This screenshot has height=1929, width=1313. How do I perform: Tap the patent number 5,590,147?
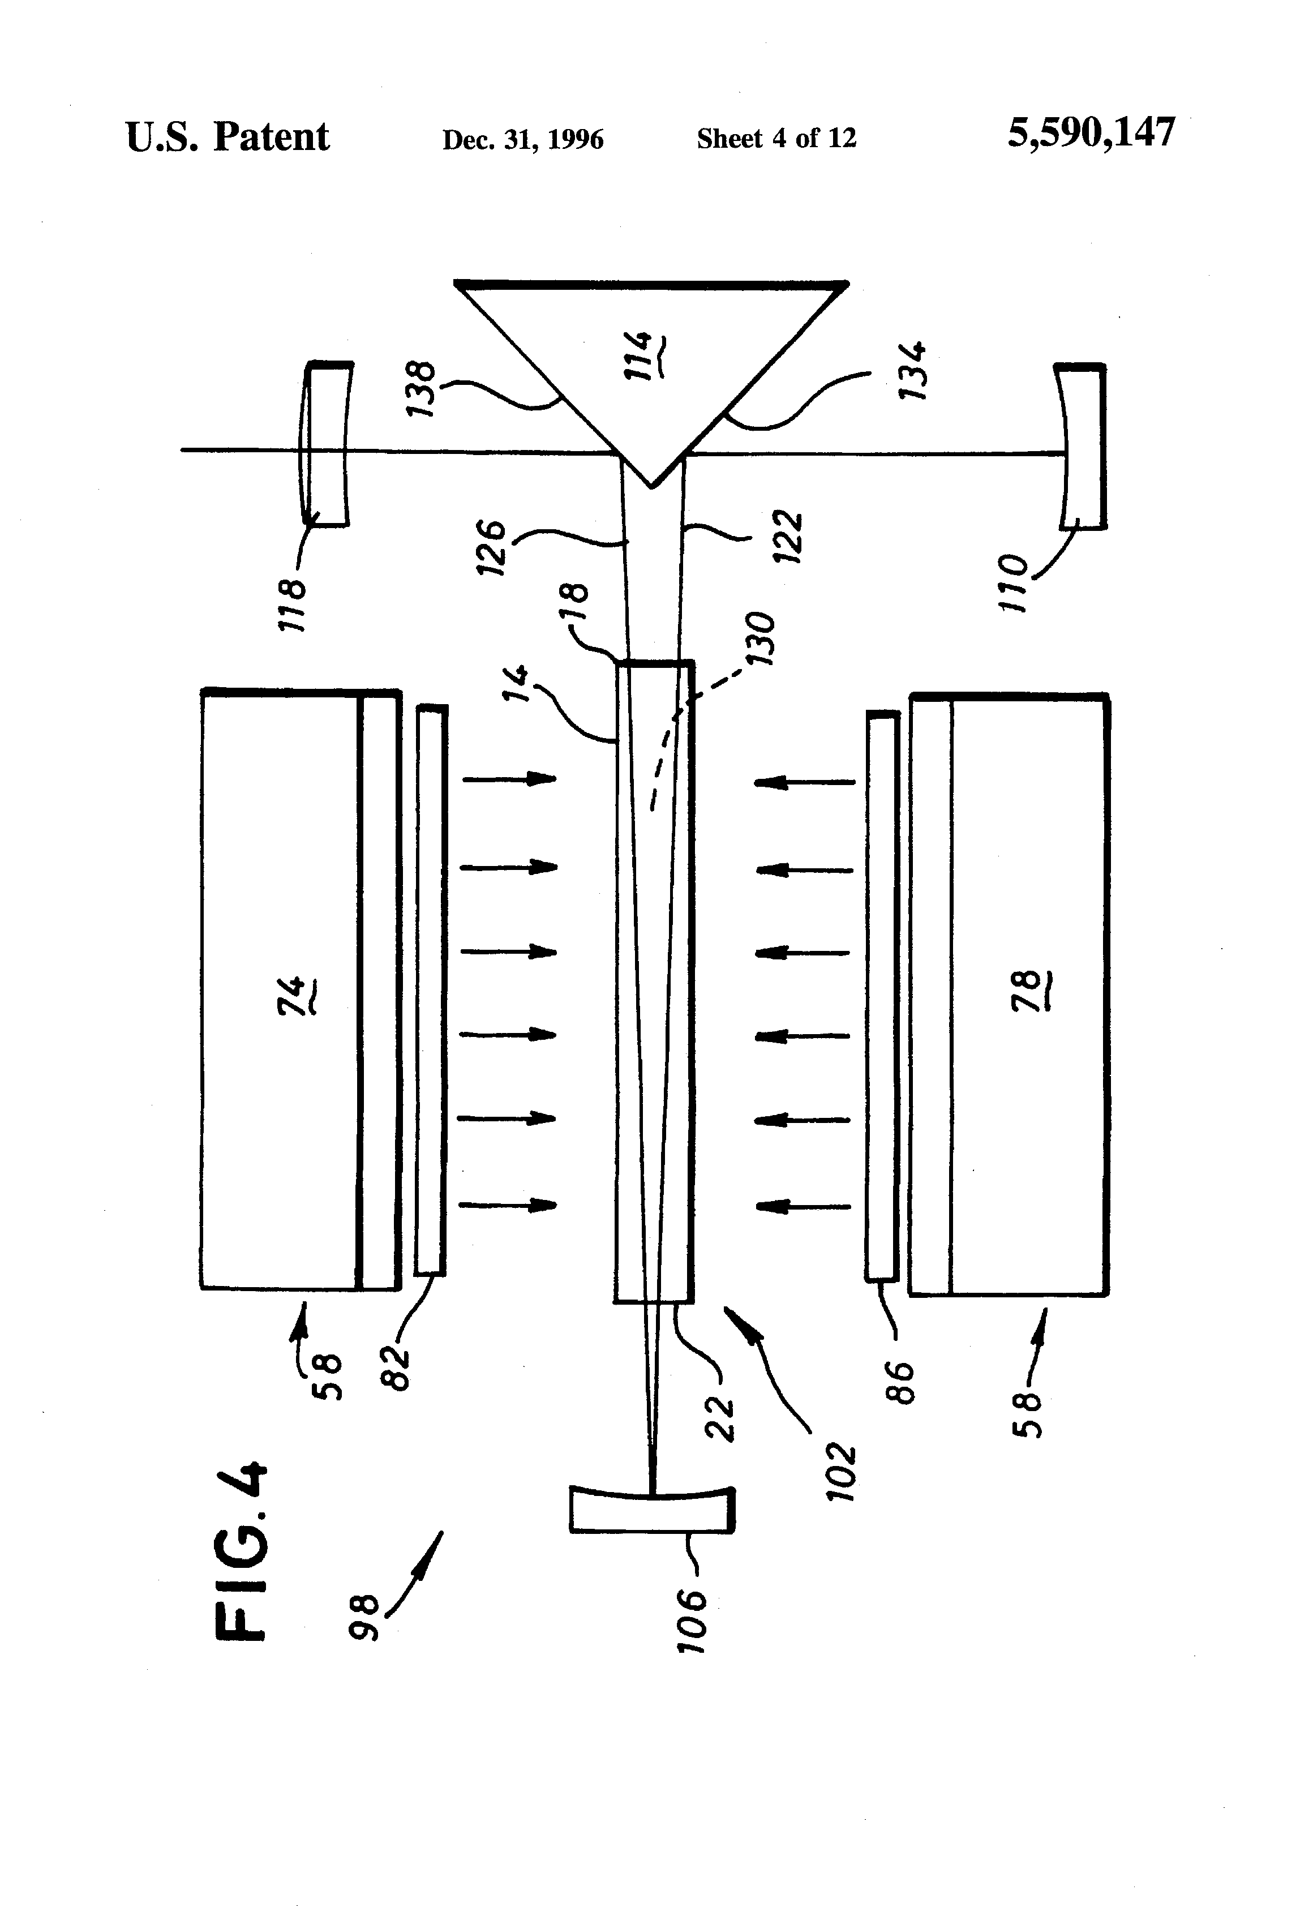point(1091,133)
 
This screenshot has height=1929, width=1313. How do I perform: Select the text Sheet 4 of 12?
point(776,138)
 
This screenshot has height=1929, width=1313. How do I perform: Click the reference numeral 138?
point(422,388)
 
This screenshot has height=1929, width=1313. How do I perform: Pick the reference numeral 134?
point(913,370)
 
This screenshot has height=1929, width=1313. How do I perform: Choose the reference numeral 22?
point(720,1420)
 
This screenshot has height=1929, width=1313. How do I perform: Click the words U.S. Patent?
point(228,137)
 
